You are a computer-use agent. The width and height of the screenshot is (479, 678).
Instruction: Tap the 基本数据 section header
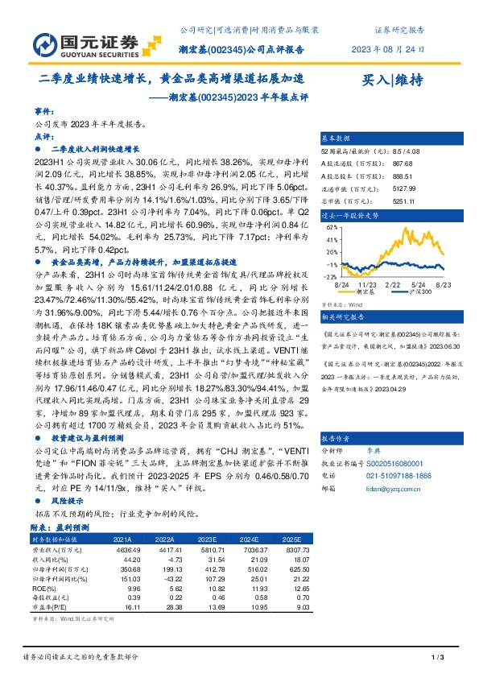click(337, 138)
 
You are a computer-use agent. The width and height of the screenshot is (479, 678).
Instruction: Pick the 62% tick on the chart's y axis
click(330, 228)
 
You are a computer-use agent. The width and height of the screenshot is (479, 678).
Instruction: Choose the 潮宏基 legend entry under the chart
click(374, 293)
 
